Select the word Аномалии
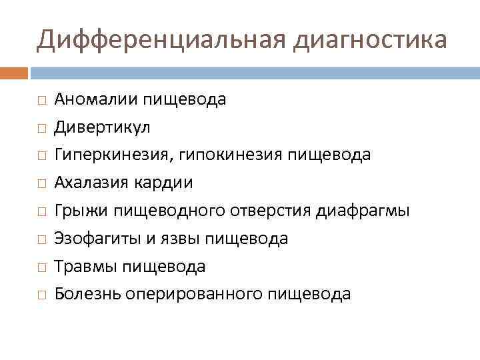click(x=95, y=99)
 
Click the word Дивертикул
click(x=103, y=127)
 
